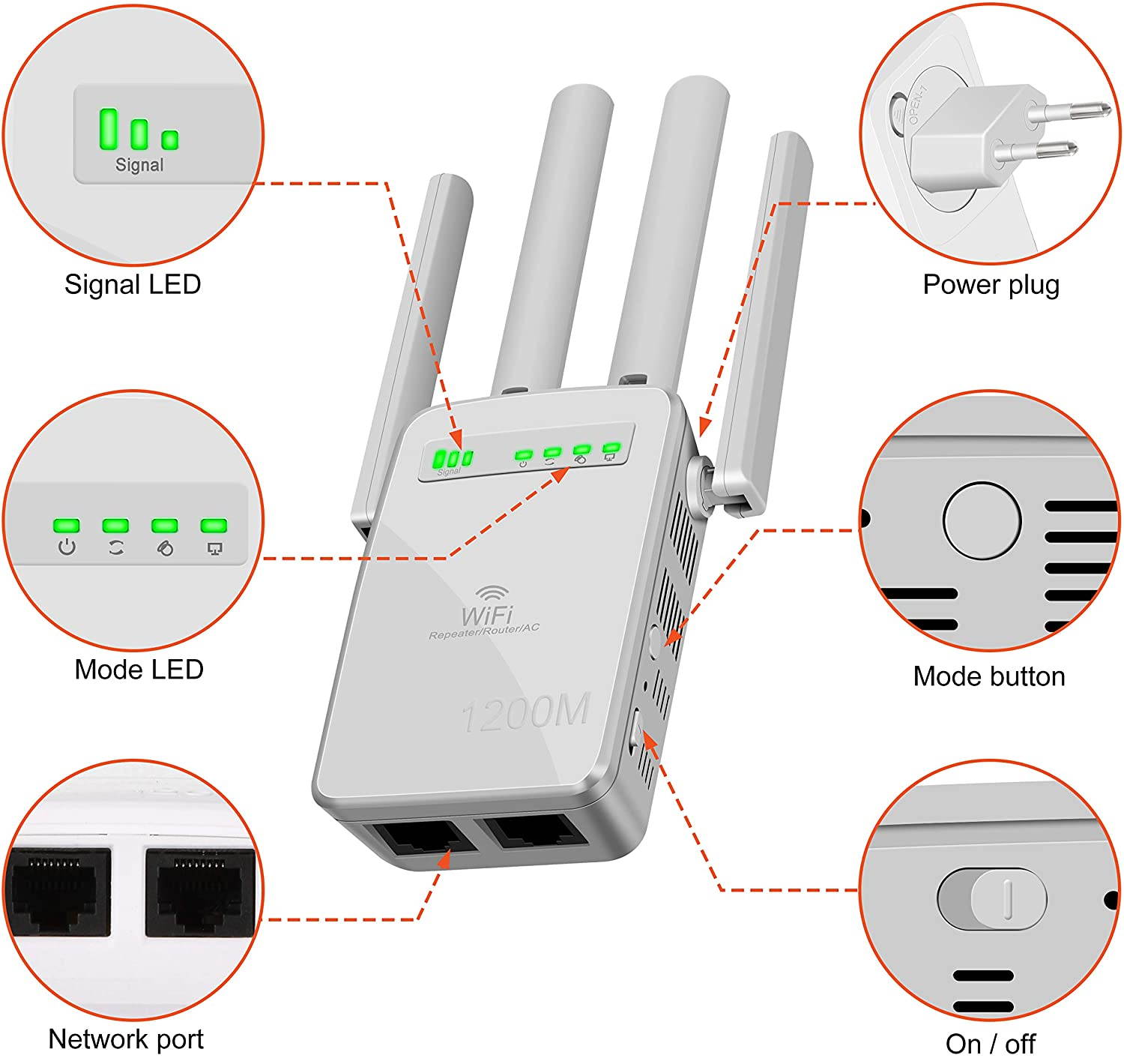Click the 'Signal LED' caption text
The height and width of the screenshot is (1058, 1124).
coord(133,284)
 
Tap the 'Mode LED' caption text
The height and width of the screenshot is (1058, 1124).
coord(139,669)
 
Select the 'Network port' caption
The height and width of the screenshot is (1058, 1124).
coord(126,1039)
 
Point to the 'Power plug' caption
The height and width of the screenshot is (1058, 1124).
coord(991,284)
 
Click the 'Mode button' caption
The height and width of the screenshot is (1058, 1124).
coord(988,676)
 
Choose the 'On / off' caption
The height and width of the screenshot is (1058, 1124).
coord(990,1043)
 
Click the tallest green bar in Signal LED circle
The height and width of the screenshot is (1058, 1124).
coord(109,129)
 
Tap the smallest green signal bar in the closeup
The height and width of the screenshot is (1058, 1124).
coord(170,139)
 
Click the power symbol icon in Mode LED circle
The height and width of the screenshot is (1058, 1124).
coord(67,547)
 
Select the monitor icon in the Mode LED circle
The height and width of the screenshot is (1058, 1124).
coord(214,549)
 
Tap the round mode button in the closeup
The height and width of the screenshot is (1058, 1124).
coord(982,520)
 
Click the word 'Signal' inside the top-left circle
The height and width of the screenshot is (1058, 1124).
coord(139,165)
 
